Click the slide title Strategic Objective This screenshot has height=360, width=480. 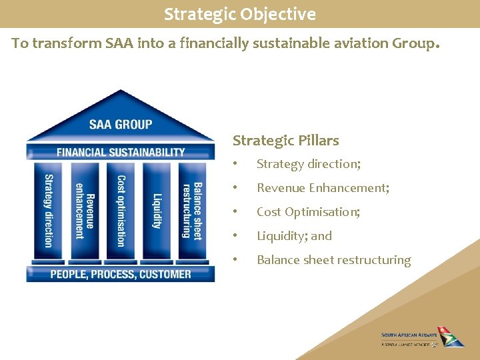click(240, 14)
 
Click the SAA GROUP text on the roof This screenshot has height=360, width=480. click(121, 124)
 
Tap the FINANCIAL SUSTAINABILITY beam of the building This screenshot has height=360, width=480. click(121, 152)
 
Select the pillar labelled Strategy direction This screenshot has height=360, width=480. click(48, 210)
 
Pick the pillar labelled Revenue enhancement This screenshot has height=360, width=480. click(84, 210)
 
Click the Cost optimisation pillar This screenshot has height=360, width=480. click(121, 210)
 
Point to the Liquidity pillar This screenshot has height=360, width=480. click(157, 210)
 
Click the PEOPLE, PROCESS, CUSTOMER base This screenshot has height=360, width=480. click(121, 274)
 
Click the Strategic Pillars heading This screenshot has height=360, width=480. click(285, 141)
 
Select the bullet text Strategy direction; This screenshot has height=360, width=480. click(307, 164)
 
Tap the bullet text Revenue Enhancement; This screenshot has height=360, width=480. click(323, 188)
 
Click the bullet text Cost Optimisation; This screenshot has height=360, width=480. click(308, 212)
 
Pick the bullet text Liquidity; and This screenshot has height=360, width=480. click(294, 236)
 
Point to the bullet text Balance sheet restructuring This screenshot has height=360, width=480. click(333, 260)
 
